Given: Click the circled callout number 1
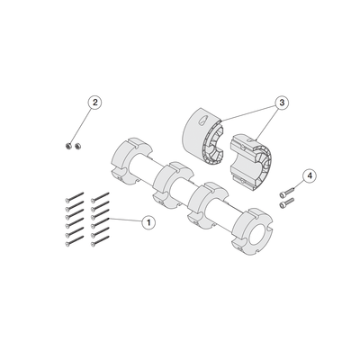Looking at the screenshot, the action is click(148, 222).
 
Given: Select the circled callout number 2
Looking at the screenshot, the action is click(94, 103).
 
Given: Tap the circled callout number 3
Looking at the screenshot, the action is click(282, 103).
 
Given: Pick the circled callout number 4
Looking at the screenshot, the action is click(310, 175).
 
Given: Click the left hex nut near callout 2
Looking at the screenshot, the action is click(68, 147).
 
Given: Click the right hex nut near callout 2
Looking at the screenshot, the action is click(78, 147).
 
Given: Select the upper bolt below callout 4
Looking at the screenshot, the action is click(287, 192).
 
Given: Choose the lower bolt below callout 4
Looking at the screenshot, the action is click(287, 202).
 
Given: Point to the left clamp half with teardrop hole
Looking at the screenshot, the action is click(203, 136).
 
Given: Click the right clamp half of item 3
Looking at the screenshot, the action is click(251, 161).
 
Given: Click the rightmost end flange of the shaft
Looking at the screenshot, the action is click(253, 232).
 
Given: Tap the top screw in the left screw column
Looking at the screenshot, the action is click(74, 196).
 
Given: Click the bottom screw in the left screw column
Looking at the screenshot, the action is click(74, 241).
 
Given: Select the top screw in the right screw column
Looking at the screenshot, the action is click(100, 196).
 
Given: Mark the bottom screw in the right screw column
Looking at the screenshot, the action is click(100, 241).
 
